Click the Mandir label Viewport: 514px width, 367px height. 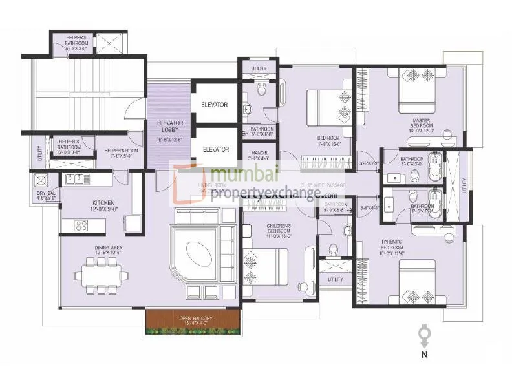click(259, 156)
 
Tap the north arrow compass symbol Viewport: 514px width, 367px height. click(424, 335)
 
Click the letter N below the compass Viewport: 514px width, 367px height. click(423, 354)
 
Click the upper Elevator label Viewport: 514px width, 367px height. click(215, 105)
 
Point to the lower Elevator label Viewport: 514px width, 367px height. click(215, 149)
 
